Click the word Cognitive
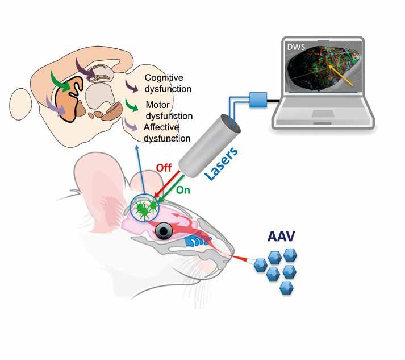tap(164, 77)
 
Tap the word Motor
tap(157, 105)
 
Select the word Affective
tap(161, 127)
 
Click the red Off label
tap(164, 168)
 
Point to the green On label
tap(183, 190)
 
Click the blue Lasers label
tap(221, 163)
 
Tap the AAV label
tap(281, 236)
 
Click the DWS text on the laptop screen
tap(296, 47)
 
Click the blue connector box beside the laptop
tap(258, 100)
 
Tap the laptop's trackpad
tap(323, 113)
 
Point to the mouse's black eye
tap(164, 231)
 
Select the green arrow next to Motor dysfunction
tap(131, 105)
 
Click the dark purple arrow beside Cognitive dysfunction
tap(131, 86)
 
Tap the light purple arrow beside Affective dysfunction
tap(131, 125)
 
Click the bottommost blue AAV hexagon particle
tap(286, 288)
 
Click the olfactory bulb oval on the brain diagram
tap(20, 104)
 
